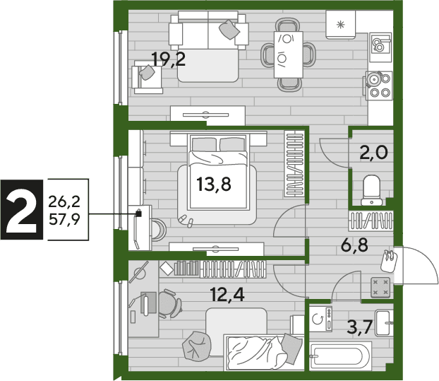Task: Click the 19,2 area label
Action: coord(168,59)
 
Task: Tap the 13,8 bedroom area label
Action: coord(214,184)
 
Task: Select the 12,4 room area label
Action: coord(227,295)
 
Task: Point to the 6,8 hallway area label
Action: coord(354,245)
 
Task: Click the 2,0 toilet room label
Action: coord(374,153)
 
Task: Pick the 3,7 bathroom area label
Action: coord(359,327)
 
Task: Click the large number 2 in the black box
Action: coord(22,210)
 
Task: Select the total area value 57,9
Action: coord(64,219)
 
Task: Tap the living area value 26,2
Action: coord(64,201)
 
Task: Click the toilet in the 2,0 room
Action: coord(371,190)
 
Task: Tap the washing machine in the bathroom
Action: coord(320,319)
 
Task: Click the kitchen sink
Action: coord(380,47)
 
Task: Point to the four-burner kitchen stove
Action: coord(379,86)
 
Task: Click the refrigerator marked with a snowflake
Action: coord(340,25)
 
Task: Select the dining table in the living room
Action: coord(289,54)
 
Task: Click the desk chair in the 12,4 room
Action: coord(170,303)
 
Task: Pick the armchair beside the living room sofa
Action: coord(147,78)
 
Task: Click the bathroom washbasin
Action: coord(384,323)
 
